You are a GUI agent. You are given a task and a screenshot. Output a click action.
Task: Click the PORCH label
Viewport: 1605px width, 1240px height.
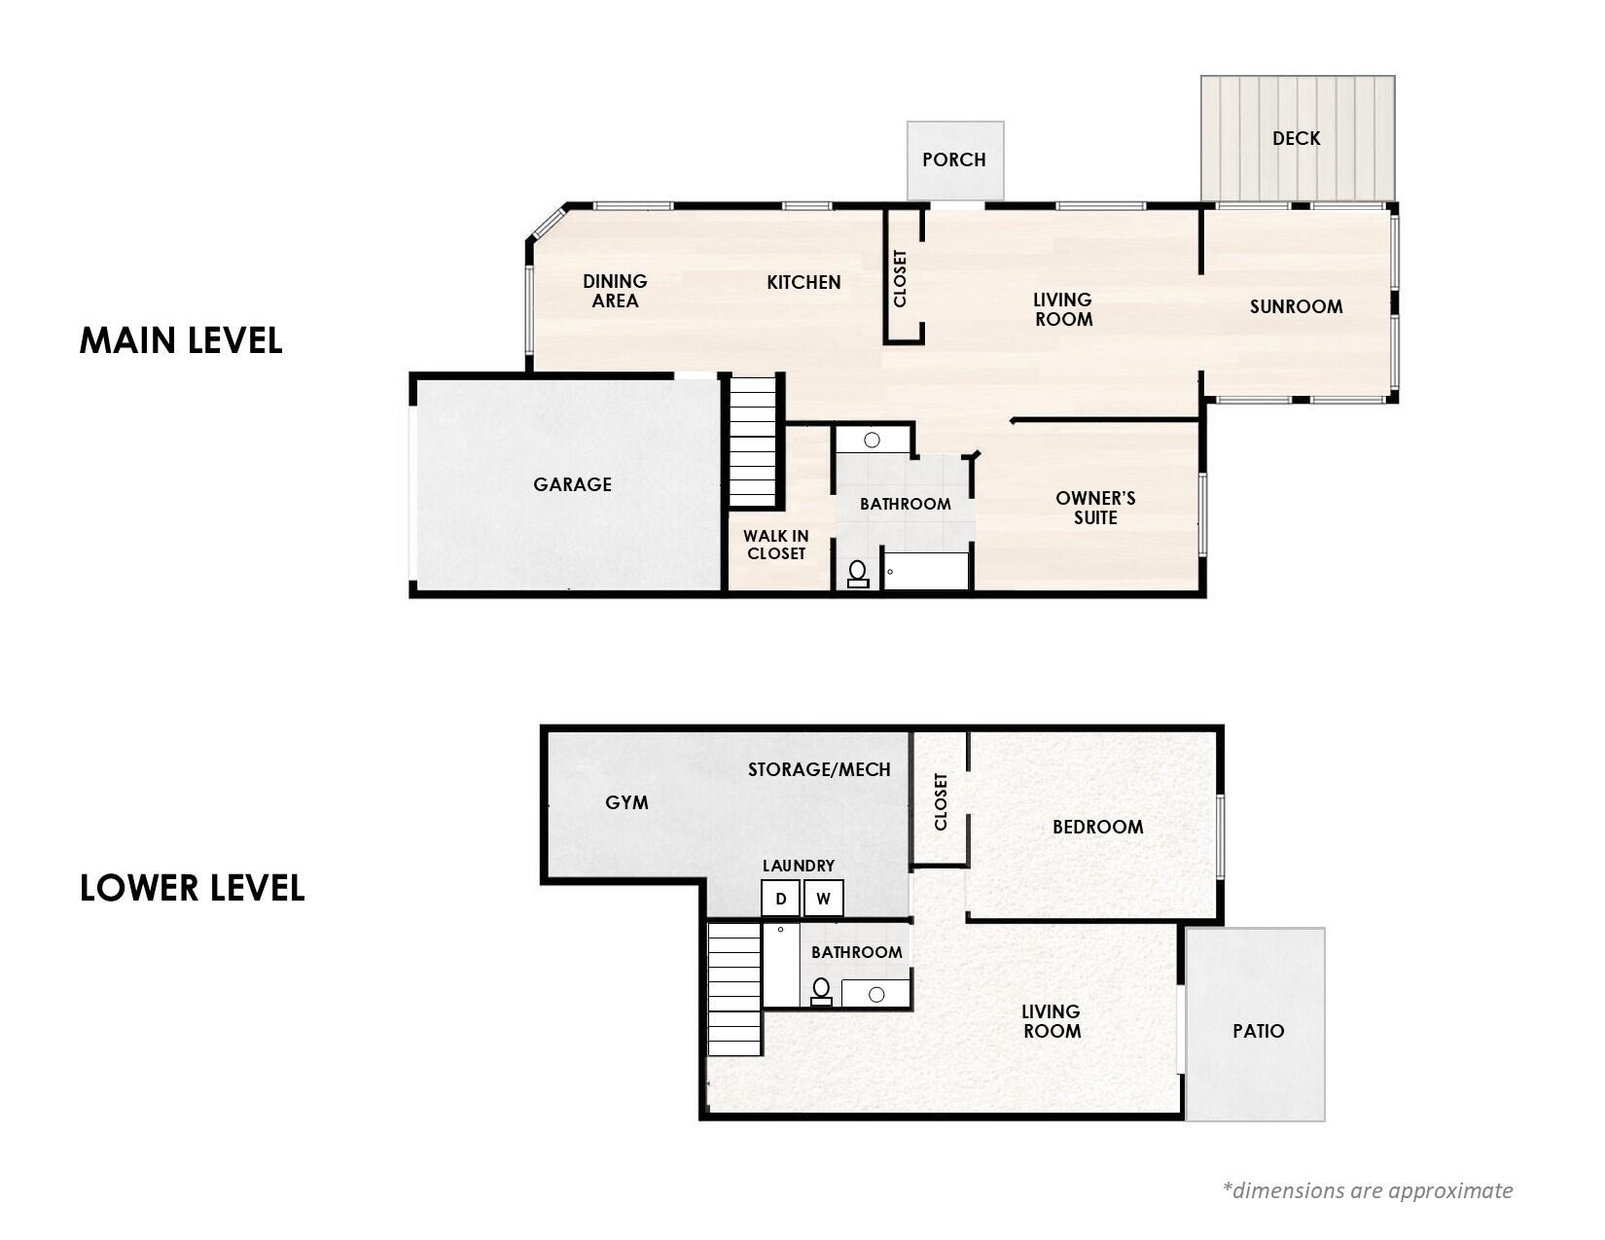point(953,159)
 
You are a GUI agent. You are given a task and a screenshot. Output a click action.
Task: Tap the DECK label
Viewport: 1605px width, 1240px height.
point(1296,138)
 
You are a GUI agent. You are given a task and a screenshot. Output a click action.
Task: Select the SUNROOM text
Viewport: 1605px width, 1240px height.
point(1296,306)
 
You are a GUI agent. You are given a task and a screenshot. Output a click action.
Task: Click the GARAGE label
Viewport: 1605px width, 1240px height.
point(572,484)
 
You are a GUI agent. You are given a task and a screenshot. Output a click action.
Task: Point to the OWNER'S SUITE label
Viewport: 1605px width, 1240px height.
point(1095,508)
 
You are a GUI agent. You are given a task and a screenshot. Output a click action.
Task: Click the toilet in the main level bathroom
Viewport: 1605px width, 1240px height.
point(858,574)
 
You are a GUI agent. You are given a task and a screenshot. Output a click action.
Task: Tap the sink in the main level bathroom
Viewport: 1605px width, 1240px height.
point(872,440)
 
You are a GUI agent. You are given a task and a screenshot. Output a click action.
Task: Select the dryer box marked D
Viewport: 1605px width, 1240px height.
point(780,899)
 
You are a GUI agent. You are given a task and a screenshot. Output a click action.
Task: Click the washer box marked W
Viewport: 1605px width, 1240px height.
point(823,899)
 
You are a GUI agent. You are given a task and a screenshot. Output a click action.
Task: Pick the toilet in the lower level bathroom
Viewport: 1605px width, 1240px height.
point(821,991)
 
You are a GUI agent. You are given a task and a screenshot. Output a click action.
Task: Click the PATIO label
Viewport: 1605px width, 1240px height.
point(1258,1031)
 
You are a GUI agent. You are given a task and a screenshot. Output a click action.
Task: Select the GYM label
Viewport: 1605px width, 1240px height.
point(626,802)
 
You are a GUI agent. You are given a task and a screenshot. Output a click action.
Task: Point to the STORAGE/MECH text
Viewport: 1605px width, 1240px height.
point(819,769)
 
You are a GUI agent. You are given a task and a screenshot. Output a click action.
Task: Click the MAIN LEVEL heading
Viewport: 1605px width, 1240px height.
point(181,340)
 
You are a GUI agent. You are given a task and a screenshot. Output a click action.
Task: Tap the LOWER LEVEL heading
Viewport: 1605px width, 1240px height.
point(192,888)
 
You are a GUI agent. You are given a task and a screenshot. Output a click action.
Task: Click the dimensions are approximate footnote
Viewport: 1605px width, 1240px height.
point(1367,1190)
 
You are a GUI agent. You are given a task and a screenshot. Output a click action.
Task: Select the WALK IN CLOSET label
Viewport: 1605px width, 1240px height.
point(776,545)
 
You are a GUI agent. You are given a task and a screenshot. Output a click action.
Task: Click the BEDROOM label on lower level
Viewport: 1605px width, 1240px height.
point(1097,827)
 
